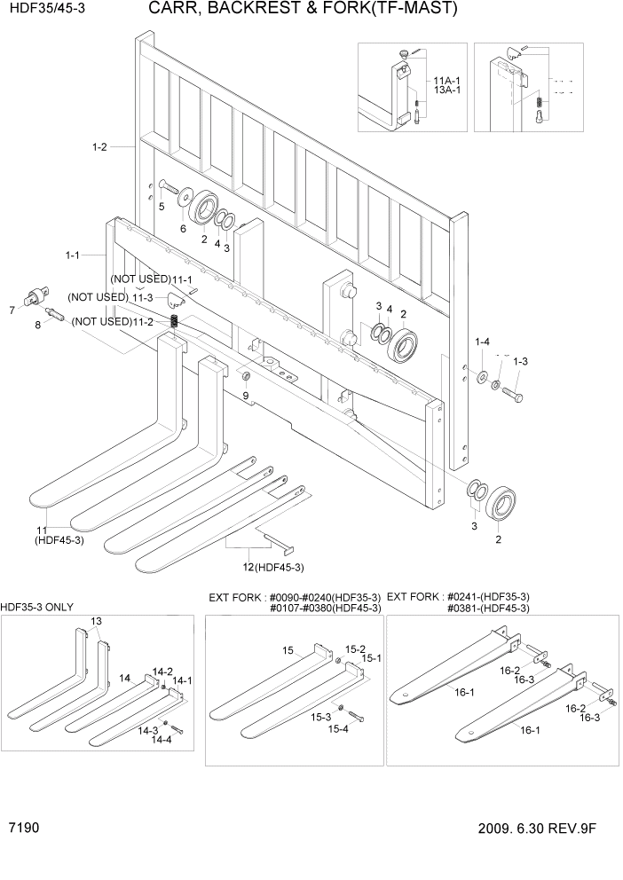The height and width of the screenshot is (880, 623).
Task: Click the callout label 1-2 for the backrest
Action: (x=99, y=147)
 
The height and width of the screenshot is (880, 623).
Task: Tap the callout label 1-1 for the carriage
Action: (x=73, y=255)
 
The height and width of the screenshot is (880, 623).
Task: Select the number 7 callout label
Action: (x=12, y=310)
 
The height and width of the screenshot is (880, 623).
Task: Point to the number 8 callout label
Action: (x=37, y=326)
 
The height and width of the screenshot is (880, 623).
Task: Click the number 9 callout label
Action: (x=246, y=395)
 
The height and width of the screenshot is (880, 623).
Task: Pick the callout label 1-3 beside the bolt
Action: (x=520, y=361)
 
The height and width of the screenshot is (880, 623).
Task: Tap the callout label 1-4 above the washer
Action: (x=482, y=342)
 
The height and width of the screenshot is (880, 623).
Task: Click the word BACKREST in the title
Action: (x=253, y=10)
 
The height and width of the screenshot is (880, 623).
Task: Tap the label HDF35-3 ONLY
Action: (x=37, y=608)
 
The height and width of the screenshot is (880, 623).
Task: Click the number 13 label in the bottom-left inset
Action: (x=96, y=621)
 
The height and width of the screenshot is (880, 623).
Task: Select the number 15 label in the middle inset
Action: (x=288, y=651)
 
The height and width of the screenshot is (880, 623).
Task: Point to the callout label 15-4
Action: (x=337, y=729)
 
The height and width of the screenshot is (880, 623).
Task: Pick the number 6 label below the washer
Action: (x=183, y=228)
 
